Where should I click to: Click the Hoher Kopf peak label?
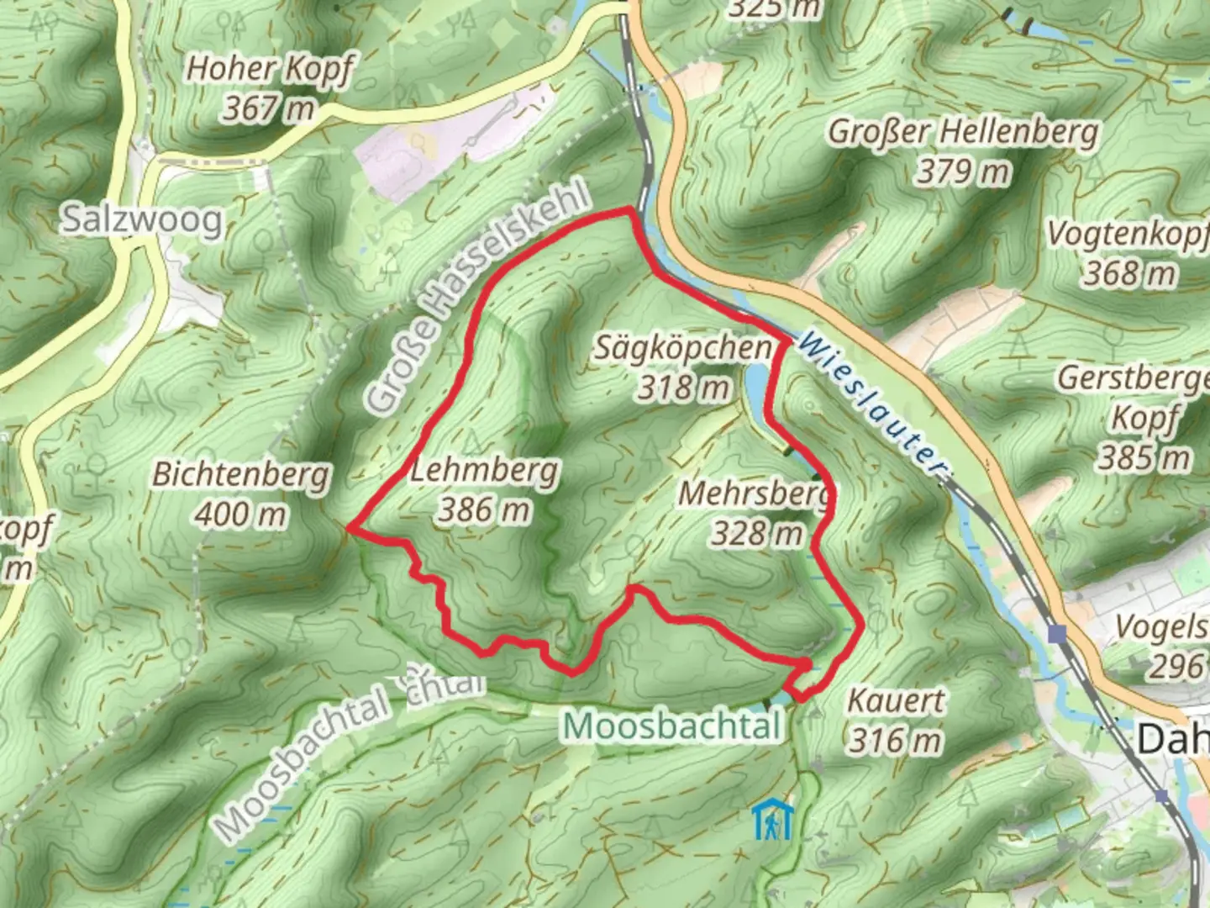point(270,70)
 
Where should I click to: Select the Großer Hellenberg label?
point(963,132)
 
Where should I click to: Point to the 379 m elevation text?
point(963,172)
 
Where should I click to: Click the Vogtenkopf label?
point(1126,235)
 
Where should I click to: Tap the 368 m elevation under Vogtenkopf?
point(1128,273)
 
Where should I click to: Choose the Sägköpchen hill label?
point(682,347)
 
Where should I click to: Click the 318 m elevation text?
point(682,388)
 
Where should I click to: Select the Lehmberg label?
point(484,469)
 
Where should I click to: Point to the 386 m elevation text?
point(484,509)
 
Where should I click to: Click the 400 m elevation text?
point(240,515)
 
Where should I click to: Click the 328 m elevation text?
point(756,533)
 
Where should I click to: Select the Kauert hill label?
point(896,700)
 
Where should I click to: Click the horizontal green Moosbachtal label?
point(673,725)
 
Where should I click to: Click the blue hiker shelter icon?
point(772,821)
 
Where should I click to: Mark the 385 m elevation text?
point(1144,458)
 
